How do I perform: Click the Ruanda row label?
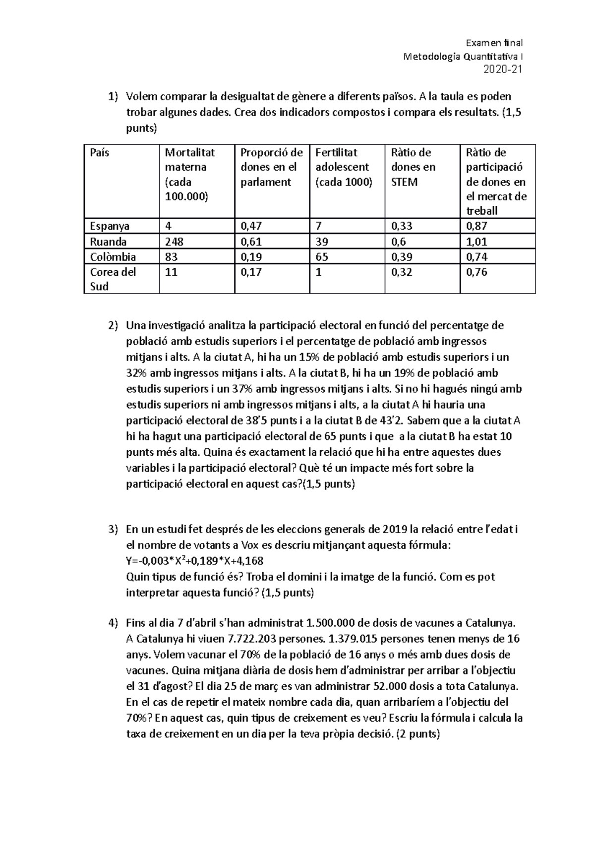(x=108, y=242)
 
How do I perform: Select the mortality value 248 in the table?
(x=175, y=242)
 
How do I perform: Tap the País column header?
(x=100, y=153)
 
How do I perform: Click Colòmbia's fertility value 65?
(x=322, y=257)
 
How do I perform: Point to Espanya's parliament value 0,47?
(x=251, y=227)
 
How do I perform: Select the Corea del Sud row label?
(x=113, y=279)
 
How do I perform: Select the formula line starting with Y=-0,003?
(x=195, y=561)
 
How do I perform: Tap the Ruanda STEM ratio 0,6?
(x=398, y=242)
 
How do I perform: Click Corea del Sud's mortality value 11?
(x=171, y=272)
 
